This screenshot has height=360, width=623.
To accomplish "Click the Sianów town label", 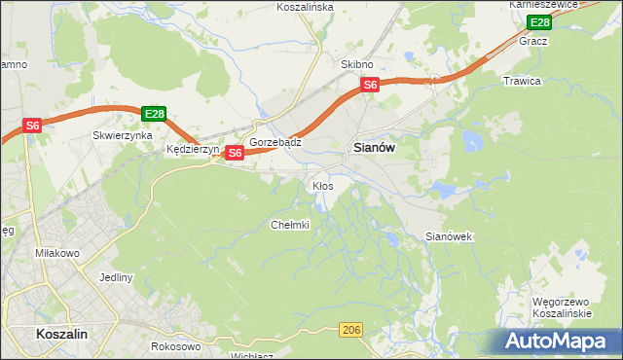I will [x=371, y=148].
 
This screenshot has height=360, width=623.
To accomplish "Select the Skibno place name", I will [x=356, y=64].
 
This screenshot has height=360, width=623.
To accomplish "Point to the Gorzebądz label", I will [x=275, y=142].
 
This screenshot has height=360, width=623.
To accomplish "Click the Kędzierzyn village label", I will [x=194, y=151].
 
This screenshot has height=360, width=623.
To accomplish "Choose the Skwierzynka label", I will [x=123, y=136].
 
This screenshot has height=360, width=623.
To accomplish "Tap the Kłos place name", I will [x=322, y=185].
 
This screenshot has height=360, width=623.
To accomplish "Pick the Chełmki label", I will [x=289, y=225].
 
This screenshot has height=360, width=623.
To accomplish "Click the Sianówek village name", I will [x=449, y=236].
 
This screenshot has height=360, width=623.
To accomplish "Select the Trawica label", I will [x=521, y=81].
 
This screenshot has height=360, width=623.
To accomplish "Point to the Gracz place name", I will [x=533, y=42].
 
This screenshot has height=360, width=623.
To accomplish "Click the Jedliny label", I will [x=115, y=277].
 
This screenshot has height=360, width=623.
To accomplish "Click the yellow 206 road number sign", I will [x=352, y=332].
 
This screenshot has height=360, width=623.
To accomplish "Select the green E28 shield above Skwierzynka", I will [x=154, y=114].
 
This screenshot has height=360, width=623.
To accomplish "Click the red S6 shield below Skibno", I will [x=370, y=86].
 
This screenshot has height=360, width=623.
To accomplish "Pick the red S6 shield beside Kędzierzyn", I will [x=235, y=153].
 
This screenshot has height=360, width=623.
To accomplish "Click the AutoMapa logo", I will [x=558, y=341].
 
